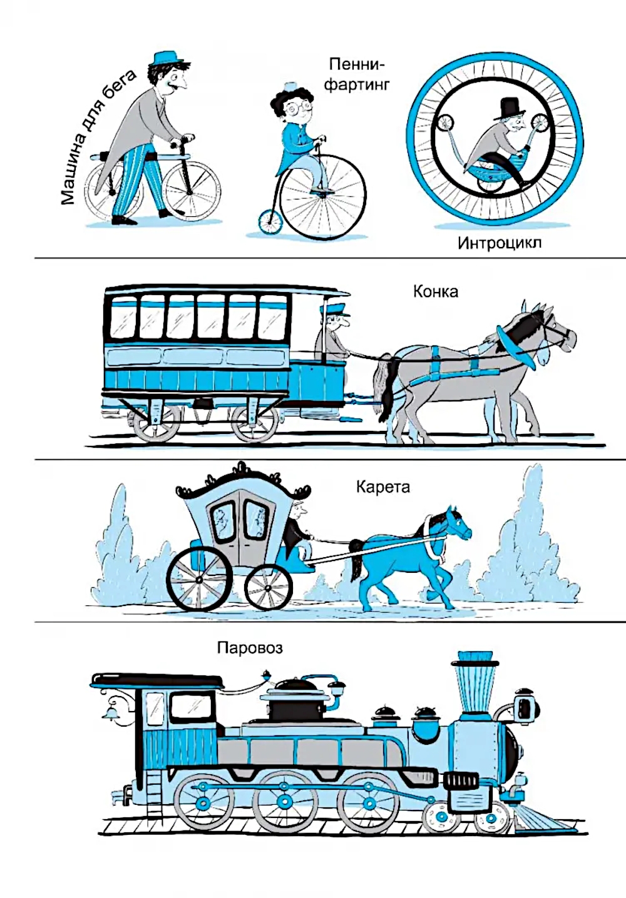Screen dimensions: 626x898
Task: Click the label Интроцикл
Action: tap(500, 243)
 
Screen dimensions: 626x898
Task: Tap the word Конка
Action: tap(436, 292)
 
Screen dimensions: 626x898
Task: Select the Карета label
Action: tap(383, 488)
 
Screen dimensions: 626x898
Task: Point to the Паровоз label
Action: tap(250, 648)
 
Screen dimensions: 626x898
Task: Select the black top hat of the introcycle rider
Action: tap(506, 109)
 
